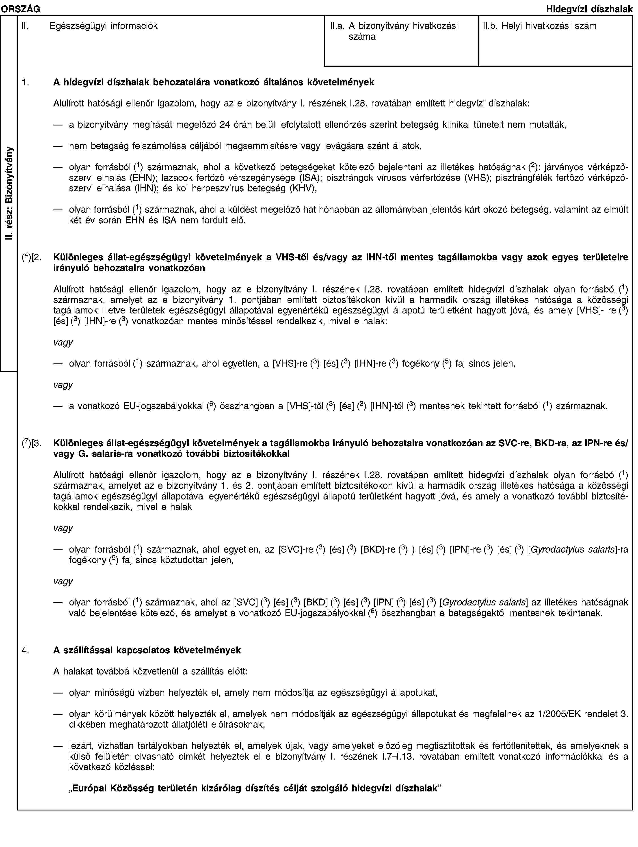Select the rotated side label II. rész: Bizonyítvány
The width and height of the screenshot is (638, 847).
pyautogui.click(x=9, y=193)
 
